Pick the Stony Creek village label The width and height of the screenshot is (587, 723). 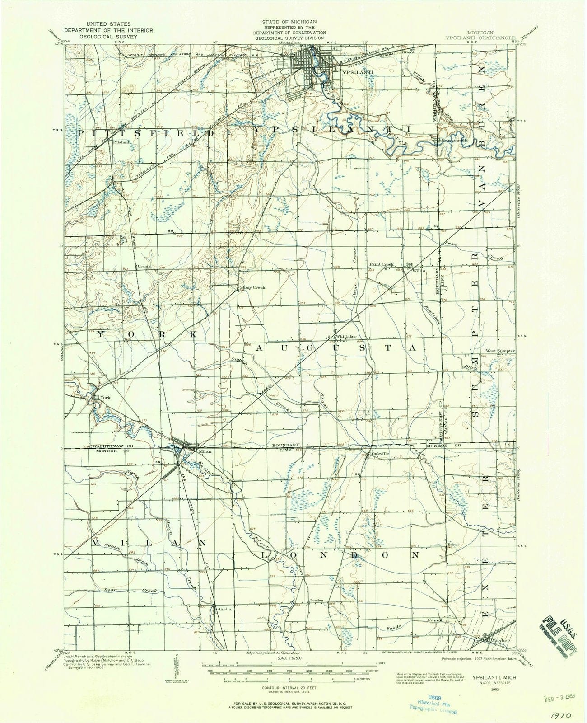tap(252, 287)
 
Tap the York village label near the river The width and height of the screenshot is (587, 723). tap(105, 398)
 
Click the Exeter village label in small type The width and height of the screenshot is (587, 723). tap(454, 545)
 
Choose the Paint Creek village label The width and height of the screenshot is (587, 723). tap(382, 264)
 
